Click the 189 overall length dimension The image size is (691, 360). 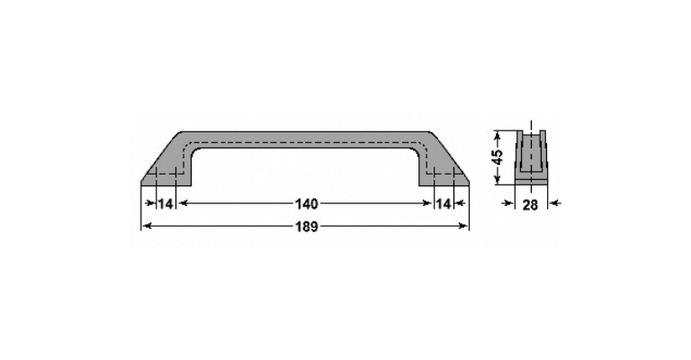[x=306, y=227]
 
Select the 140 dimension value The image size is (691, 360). [x=306, y=203]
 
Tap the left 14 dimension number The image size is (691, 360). [x=166, y=203]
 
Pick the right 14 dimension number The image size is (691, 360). [x=444, y=203]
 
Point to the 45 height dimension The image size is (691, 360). [x=497, y=157]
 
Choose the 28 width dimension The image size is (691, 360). [x=531, y=205]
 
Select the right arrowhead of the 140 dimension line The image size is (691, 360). [x=426, y=203]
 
